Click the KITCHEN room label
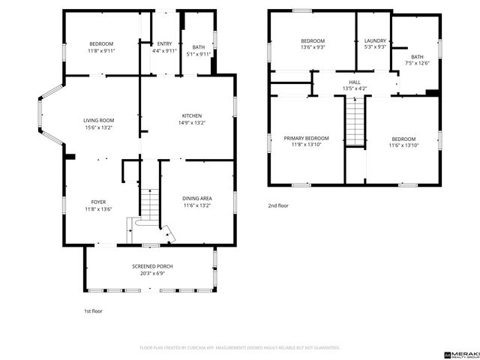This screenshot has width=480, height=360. point(192,115)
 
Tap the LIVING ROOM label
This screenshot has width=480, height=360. point(97,120)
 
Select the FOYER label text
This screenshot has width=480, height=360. point(98,202)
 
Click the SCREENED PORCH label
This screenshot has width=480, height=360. point(152,266)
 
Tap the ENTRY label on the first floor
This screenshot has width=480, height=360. point(164,43)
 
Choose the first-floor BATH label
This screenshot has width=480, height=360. point(198,47)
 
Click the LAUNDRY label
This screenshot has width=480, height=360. point(374,40)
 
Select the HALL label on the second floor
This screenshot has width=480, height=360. point(353,82)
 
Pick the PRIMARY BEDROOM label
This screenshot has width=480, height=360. point(306,138)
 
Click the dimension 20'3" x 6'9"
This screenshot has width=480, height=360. point(152,273)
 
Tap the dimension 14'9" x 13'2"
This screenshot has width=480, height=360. point(192,122)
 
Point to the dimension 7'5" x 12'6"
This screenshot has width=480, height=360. point(416,63)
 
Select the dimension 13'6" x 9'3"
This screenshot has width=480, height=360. point(313,47)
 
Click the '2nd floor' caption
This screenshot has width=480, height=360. point(277,205)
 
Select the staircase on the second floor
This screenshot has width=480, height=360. point(354,121)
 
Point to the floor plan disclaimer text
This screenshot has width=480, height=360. point(240,348)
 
